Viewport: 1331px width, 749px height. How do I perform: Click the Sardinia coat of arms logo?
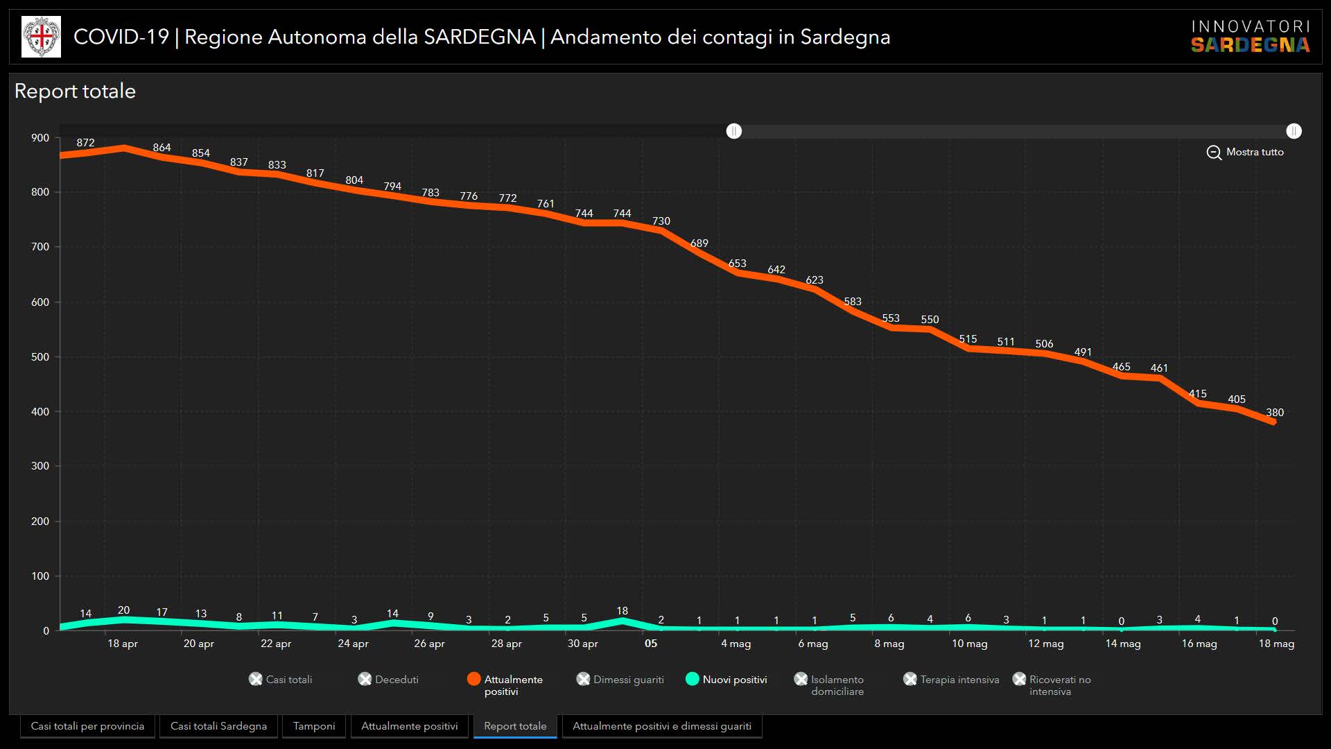41,37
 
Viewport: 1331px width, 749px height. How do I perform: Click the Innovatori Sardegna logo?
1250,37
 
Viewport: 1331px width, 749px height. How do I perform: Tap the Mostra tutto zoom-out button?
1245,152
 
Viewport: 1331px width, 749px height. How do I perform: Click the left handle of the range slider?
734,131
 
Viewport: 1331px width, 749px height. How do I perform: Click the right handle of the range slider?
1294,131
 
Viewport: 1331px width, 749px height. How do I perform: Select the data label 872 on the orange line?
85,143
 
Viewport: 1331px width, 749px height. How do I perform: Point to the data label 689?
699,243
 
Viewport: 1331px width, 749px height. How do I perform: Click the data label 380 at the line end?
1274,413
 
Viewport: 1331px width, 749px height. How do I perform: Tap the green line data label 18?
622,611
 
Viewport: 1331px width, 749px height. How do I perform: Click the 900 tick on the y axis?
40,138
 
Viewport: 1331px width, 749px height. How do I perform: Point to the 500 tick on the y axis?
40,357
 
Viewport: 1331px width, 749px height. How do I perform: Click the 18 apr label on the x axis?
123,644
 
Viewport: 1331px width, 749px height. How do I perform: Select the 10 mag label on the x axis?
969,644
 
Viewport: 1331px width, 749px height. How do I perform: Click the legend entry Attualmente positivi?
505,685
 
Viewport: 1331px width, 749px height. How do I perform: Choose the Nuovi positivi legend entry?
727,680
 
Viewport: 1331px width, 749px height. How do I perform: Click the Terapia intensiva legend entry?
952,680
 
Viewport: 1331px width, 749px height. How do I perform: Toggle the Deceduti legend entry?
389,680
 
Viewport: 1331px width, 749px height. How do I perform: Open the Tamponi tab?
314,726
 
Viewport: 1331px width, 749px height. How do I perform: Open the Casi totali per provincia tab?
87,726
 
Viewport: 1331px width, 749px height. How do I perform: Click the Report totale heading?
75,91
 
